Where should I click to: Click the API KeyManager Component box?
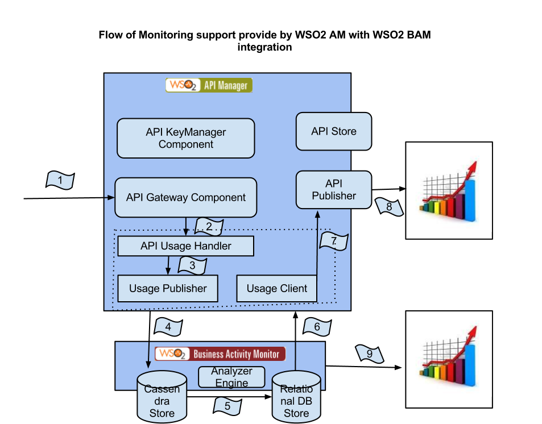tap(185, 138)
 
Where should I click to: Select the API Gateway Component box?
tap(185, 198)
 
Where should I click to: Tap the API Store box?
tap(334, 131)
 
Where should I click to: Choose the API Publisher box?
tap(334, 190)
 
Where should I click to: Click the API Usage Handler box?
tap(185, 246)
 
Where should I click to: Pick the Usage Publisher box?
tap(168, 288)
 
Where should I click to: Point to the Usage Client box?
tap(276, 288)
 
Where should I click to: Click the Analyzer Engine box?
tap(231, 377)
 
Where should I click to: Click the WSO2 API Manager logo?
tap(209, 85)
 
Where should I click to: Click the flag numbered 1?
tap(60, 181)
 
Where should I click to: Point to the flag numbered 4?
tap(168, 327)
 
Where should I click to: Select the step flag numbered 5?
tap(227, 406)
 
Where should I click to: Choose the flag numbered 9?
tap(370, 354)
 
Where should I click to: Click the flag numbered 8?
tap(389, 207)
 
